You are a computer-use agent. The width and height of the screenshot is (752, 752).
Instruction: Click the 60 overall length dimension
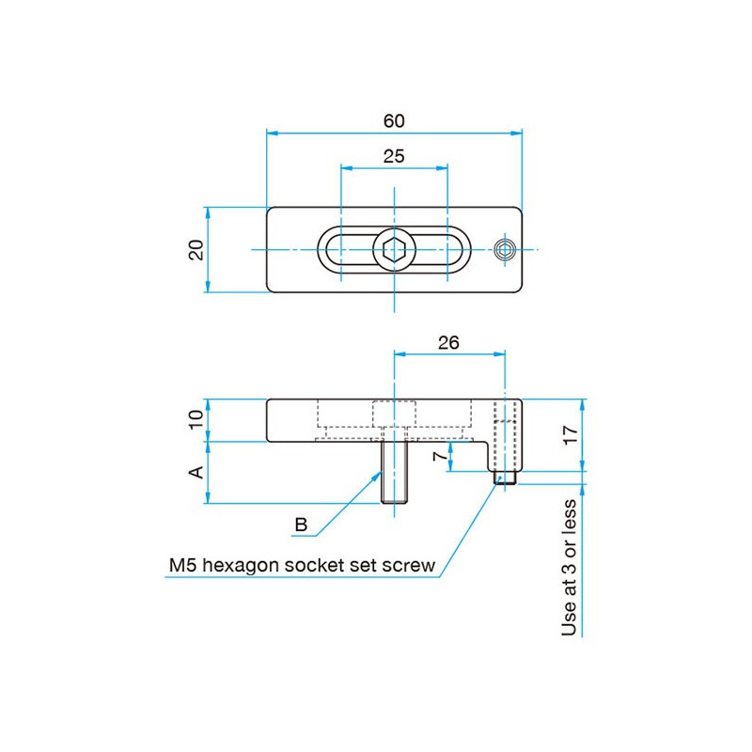394,121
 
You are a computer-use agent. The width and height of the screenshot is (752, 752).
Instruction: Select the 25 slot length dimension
394,156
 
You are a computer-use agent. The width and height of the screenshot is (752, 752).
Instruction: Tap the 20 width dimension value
196,249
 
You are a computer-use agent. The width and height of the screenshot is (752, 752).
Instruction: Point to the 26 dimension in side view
448,343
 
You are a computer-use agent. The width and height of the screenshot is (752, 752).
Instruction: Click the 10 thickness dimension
196,420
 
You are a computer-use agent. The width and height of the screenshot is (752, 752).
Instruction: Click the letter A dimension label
196,472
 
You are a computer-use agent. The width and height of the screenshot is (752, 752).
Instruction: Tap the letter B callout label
301,525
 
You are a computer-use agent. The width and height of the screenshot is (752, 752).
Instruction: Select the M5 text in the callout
184,566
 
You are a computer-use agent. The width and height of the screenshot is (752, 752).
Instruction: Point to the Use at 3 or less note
570,568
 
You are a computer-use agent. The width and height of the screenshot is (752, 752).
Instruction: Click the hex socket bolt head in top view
394,250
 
